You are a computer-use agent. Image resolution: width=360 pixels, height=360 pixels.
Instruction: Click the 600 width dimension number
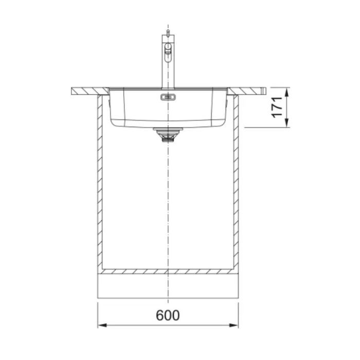(168, 315)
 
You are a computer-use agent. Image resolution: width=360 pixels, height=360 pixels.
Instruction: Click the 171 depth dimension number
(277, 107)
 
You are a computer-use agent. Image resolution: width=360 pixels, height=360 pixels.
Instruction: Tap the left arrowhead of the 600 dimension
(102, 326)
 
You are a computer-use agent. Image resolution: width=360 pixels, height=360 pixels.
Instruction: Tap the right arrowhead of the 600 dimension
(234, 326)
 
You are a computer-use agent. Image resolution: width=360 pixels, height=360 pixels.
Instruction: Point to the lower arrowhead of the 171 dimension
(286, 123)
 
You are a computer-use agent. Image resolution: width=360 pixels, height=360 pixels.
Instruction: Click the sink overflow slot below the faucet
(168, 97)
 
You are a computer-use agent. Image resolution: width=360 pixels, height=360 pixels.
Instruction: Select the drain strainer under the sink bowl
(168, 135)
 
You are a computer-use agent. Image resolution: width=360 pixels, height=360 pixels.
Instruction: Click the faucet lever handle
(168, 53)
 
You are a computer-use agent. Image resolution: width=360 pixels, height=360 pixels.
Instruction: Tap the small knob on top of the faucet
(168, 32)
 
